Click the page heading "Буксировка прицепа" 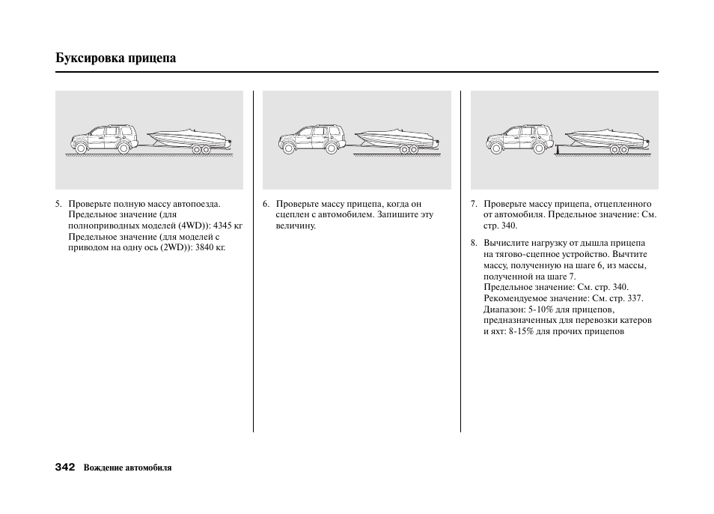click(x=116, y=58)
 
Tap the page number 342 click(x=65, y=467)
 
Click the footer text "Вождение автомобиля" click(x=127, y=468)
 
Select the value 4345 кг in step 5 click(x=228, y=225)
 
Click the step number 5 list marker click(x=58, y=204)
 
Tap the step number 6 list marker click(x=266, y=204)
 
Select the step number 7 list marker click(x=473, y=204)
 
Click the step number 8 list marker click(x=473, y=244)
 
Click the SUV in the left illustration click(x=104, y=139)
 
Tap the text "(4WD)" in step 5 click(x=193, y=225)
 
